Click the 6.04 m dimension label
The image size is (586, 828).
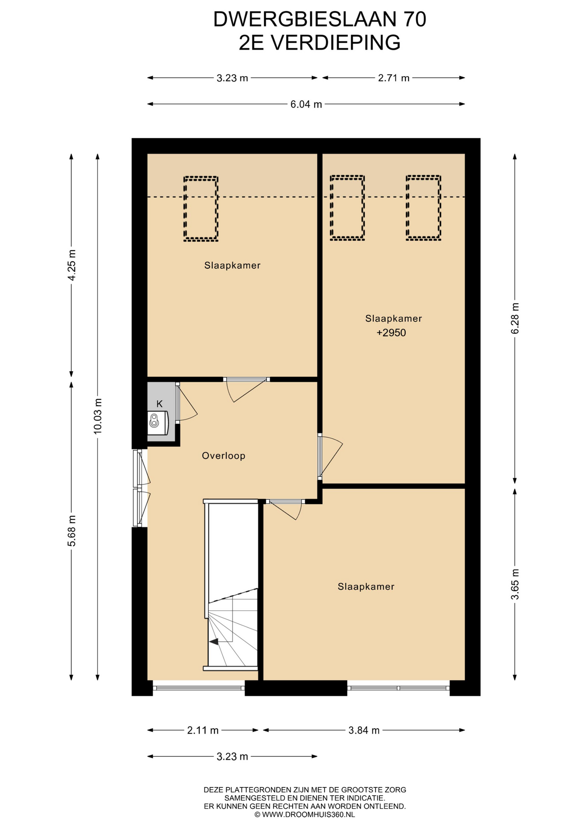[x=306, y=104]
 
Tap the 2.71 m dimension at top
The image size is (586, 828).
[x=394, y=78]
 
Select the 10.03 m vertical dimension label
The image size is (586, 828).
[x=98, y=416]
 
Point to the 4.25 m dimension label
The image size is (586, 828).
[x=72, y=265]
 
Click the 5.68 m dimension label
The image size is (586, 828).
[x=72, y=531]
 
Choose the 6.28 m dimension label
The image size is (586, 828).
[x=515, y=318]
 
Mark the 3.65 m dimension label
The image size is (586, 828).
[x=515, y=584]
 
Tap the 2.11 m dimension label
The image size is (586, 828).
[x=203, y=731]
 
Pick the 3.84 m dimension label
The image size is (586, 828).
[x=364, y=731]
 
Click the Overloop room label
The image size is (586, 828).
[x=224, y=456]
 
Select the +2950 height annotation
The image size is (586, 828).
[x=391, y=333]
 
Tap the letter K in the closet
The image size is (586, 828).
[x=159, y=404]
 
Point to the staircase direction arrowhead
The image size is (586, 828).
[x=213, y=642]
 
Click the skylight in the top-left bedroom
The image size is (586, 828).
[x=201, y=208]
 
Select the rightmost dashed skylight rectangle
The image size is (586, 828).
[x=423, y=207]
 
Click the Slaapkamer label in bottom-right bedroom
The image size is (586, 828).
[x=366, y=586]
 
